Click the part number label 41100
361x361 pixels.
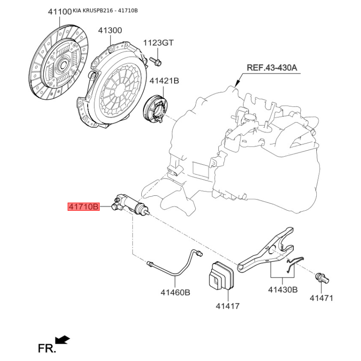[x=60, y=12]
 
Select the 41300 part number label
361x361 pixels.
[x=110, y=30]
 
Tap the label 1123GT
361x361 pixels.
[x=158, y=43]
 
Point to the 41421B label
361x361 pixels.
[x=164, y=81]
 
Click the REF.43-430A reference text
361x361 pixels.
[x=272, y=68]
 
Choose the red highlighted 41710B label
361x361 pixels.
[x=83, y=207]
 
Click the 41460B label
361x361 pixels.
[x=175, y=292]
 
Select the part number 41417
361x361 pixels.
[x=227, y=306]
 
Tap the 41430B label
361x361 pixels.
[x=283, y=290]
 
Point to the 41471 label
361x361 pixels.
[x=321, y=298]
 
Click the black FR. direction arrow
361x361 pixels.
[x=62, y=340]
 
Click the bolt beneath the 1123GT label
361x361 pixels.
[x=156, y=61]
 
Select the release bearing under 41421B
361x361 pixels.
[x=155, y=109]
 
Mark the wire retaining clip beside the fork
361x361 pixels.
[x=295, y=264]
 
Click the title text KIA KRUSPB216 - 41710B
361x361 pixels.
[x=105, y=10]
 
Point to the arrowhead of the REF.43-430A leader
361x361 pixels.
[x=237, y=83]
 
